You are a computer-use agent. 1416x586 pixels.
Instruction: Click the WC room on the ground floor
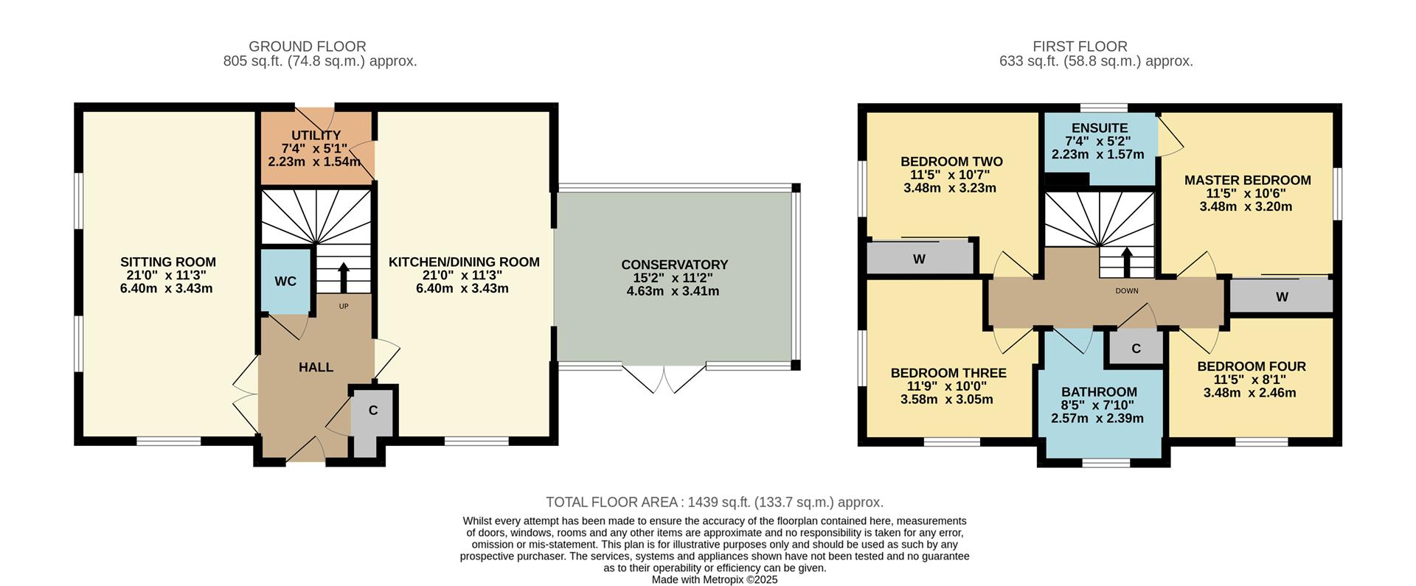coord(285,282)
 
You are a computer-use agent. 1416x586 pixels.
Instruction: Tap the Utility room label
coord(316,136)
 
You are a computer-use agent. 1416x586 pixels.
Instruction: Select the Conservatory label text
coord(674,265)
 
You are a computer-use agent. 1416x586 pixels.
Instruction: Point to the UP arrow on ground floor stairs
coord(344,278)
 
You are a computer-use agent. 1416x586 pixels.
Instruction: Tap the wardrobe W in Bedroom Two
coord(919,259)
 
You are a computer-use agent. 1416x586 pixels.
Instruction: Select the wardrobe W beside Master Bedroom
coord(1282,297)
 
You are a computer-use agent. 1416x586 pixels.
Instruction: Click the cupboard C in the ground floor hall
coord(373,411)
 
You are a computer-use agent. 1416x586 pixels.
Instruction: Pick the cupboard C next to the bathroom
coord(1136,349)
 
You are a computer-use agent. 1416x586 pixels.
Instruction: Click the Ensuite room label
coord(1099,128)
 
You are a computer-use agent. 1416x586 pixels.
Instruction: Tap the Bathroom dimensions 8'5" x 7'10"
coord(1098,405)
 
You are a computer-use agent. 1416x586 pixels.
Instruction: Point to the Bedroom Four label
coord(1251,366)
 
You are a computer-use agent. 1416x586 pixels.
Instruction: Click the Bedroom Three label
coord(948,373)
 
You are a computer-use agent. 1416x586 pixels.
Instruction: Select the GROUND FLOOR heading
coord(307,46)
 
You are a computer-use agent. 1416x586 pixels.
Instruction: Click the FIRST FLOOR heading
coord(1080,46)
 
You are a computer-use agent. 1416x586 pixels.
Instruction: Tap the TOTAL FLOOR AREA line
coord(714,503)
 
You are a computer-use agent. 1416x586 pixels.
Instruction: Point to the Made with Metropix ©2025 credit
coord(714,580)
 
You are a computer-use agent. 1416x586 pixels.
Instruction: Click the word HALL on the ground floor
coord(316,367)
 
